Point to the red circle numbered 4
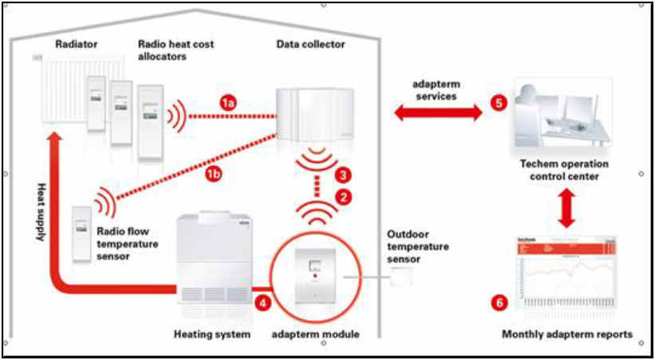(x=263, y=303)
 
